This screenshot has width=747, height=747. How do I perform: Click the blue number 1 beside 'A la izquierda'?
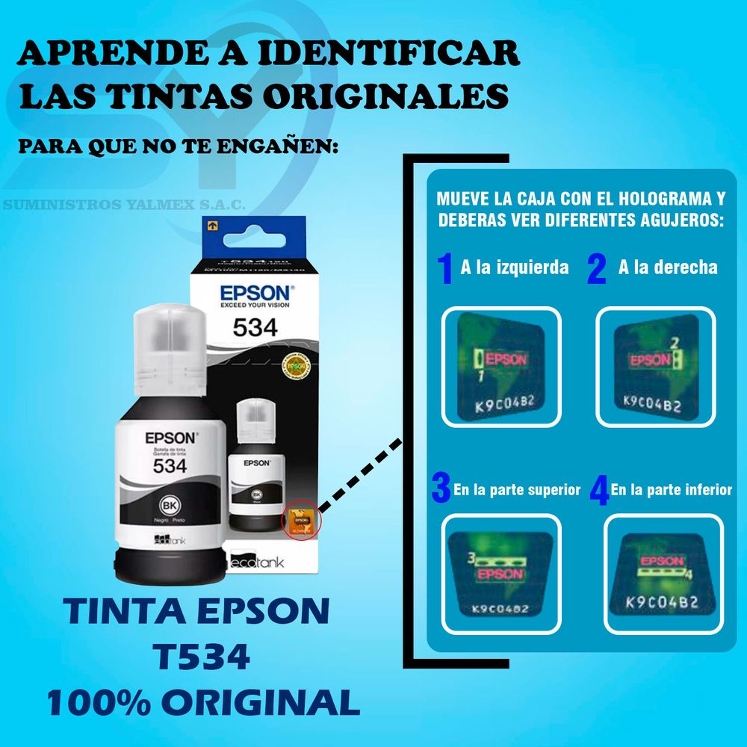point(445,268)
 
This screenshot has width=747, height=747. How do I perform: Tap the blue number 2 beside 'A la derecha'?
point(596,269)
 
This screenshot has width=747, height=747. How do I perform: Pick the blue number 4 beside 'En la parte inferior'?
point(599,491)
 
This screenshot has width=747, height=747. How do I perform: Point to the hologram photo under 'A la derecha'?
point(655,367)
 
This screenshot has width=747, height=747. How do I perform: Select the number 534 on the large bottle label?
point(170,465)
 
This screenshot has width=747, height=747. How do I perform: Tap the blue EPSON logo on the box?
point(256,290)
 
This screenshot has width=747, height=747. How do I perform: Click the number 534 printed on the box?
point(255,326)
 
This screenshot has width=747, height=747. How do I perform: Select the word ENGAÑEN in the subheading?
point(285,146)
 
